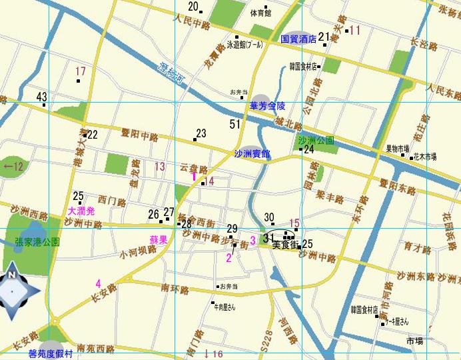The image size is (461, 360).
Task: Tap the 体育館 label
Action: [x=260, y=13]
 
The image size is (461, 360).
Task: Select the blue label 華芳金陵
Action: [x=267, y=106]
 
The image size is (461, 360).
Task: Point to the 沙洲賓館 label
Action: [x=252, y=154]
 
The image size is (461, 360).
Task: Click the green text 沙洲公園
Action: [x=316, y=141]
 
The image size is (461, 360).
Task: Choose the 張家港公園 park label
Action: [x=37, y=241]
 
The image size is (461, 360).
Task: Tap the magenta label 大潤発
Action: [x=82, y=211]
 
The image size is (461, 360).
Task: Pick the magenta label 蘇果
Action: [x=158, y=238]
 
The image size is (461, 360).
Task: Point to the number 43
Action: [x=42, y=96]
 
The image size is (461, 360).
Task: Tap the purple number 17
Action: [x=81, y=71]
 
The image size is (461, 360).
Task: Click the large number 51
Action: [x=234, y=124]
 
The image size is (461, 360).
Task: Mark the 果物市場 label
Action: [x=398, y=149]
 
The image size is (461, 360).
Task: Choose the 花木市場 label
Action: [x=424, y=157]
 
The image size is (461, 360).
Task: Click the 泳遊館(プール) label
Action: [x=245, y=45]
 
